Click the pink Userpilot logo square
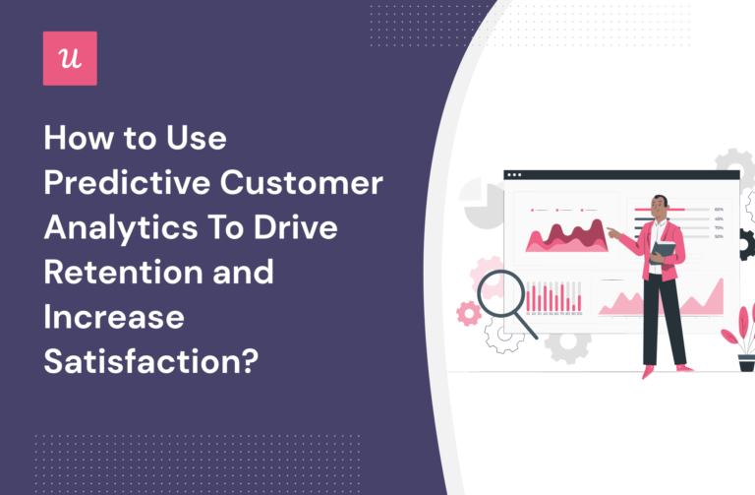tap(70, 58)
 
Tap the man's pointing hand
tap(611, 233)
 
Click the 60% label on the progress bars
tap(719, 210)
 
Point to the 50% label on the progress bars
tap(719, 236)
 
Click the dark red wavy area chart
tap(564, 235)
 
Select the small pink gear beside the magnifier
tap(469, 313)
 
